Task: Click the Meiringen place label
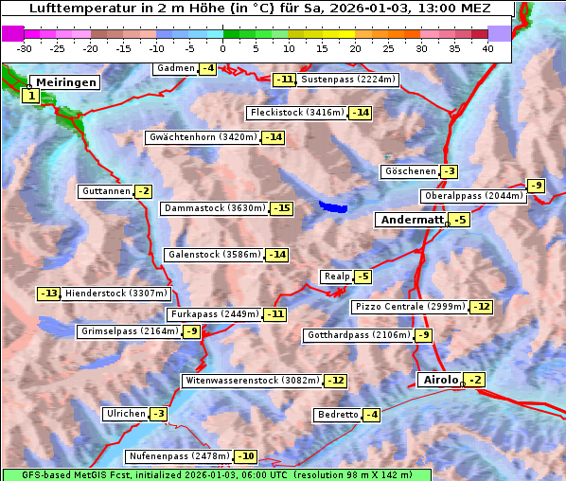click(66, 82)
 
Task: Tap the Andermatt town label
click(411, 220)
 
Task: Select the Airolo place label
click(440, 380)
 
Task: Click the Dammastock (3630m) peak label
click(214, 208)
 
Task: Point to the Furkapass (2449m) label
click(213, 313)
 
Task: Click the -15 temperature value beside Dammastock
click(281, 208)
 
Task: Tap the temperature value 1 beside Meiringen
click(31, 96)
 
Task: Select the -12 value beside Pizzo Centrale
click(482, 307)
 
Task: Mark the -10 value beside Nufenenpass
click(245, 456)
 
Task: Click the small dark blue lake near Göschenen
click(332, 205)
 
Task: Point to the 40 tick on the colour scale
click(487, 48)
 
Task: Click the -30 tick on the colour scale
click(25, 48)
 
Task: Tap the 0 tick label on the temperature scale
click(223, 48)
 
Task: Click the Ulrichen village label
click(125, 414)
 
